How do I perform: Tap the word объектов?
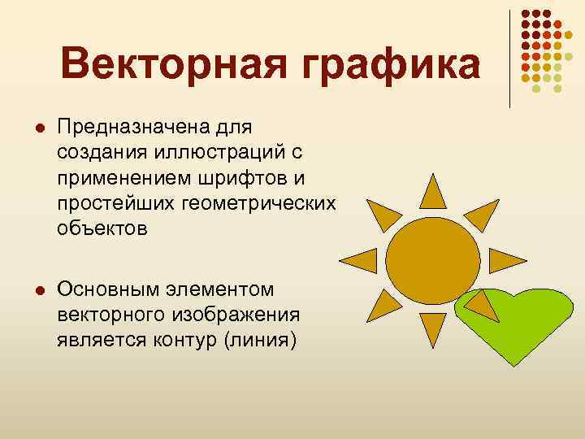pos(103,228)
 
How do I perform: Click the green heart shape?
pos(520,325)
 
